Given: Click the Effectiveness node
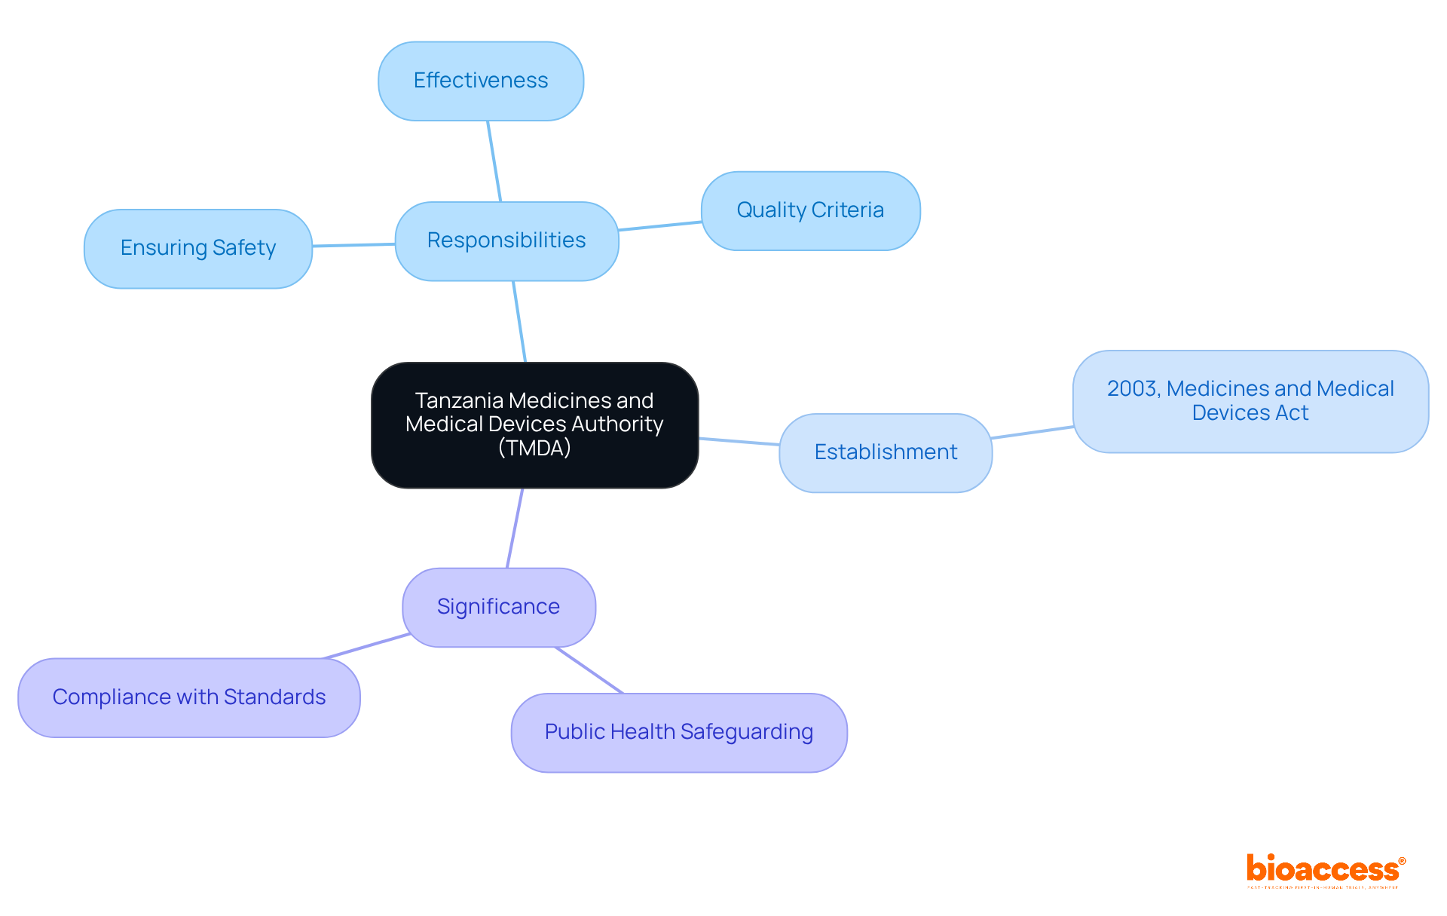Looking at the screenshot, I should click(x=481, y=81).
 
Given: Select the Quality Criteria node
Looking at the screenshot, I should click(x=810, y=210).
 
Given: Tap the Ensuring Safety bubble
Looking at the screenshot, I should click(x=198, y=248).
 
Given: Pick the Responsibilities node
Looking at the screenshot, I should click(x=506, y=240).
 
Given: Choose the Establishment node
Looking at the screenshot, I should click(x=886, y=452).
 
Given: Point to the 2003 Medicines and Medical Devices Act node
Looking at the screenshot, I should click(x=1250, y=401).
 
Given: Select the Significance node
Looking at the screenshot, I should click(x=498, y=607).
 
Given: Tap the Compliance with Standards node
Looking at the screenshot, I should click(x=189, y=697).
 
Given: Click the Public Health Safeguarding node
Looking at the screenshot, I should click(x=679, y=732).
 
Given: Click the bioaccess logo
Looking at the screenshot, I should click(x=1325, y=870).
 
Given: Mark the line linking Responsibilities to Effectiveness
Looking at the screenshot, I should click(x=494, y=161).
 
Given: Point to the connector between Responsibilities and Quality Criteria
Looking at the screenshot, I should click(x=660, y=226).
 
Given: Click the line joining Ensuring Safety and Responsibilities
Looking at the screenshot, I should click(x=353, y=245).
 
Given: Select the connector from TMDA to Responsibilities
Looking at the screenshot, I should click(x=519, y=322).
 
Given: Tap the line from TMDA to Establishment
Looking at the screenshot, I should click(x=739, y=442).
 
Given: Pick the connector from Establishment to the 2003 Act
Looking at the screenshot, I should click(x=1032, y=432).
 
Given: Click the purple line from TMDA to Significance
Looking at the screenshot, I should click(x=515, y=528).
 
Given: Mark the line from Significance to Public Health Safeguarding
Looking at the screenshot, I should click(x=589, y=670).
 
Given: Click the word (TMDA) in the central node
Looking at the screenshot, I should click(x=534, y=449).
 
